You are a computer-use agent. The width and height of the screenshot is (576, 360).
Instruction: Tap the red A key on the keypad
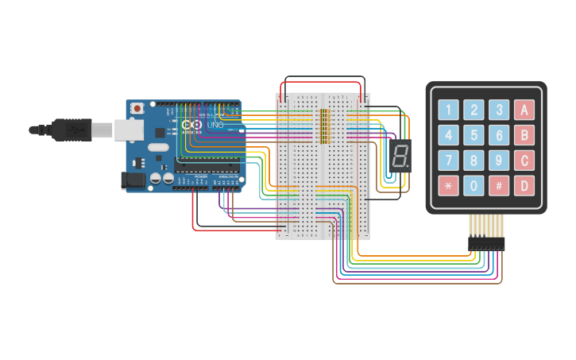[524, 110]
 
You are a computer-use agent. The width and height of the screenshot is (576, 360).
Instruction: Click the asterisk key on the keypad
[449, 187]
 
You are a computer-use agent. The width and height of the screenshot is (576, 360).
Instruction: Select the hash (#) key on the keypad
[499, 187]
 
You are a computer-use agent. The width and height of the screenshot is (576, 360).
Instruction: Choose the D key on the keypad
[524, 187]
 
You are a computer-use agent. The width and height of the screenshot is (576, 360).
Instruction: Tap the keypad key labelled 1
[449, 110]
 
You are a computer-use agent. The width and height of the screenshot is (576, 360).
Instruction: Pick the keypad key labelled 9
[499, 161]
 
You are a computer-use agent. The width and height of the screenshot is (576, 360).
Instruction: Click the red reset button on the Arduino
[137, 107]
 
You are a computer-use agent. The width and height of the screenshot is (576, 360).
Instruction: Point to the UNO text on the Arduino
[215, 126]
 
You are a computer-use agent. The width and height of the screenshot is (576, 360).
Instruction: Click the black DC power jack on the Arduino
[133, 180]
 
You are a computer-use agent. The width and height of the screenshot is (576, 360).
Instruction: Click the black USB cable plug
[72, 129]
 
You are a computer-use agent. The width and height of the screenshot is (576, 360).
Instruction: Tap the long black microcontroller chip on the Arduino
[207, 165]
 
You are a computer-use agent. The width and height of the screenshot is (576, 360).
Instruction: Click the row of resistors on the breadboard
[323, 126]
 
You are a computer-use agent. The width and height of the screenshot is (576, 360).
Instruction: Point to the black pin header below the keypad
[485, 242]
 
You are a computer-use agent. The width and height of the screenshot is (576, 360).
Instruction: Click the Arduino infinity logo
[191, 125]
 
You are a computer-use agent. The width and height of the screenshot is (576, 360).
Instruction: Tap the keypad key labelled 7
[449, 161]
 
